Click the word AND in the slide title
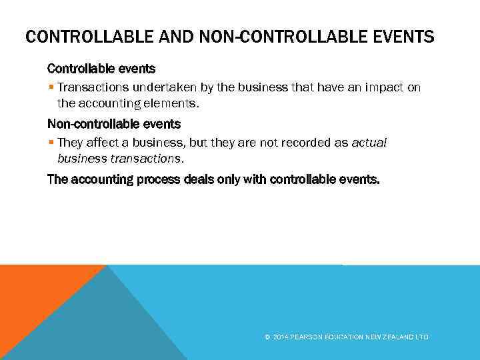pos(175,36)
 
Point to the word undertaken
pos(159,87)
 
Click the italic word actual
pos(369,142)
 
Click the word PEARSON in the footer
pos(307,337)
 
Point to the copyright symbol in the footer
pos(267,337)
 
